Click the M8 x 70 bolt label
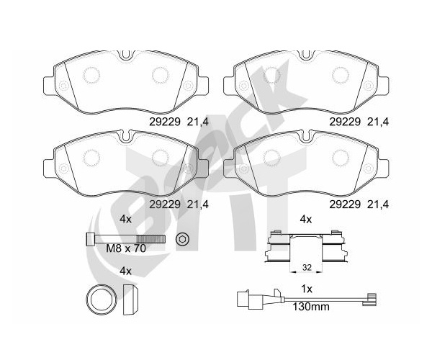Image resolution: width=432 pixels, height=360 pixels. point(126,248)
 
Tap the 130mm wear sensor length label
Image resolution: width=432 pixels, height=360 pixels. point(311,307)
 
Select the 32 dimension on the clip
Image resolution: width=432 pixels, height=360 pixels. point(307,267)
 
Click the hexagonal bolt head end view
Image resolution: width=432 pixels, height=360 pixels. point(182,238)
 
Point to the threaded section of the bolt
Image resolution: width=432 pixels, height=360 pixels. point(151,239)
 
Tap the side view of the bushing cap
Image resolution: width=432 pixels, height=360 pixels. point(130,300)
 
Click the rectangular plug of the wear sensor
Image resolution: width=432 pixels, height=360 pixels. point(243,299)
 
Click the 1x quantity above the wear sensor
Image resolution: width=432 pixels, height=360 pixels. point(307,289)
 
